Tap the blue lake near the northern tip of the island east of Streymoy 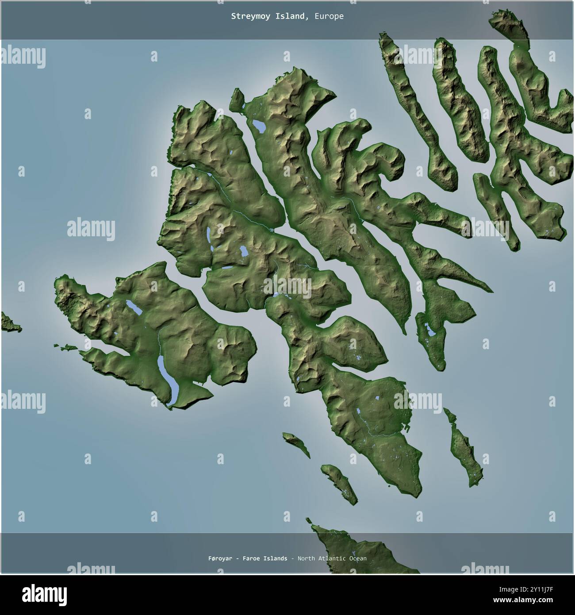259,127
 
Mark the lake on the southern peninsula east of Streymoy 429,330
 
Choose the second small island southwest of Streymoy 339,483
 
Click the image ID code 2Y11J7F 547,590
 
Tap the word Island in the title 290,16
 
